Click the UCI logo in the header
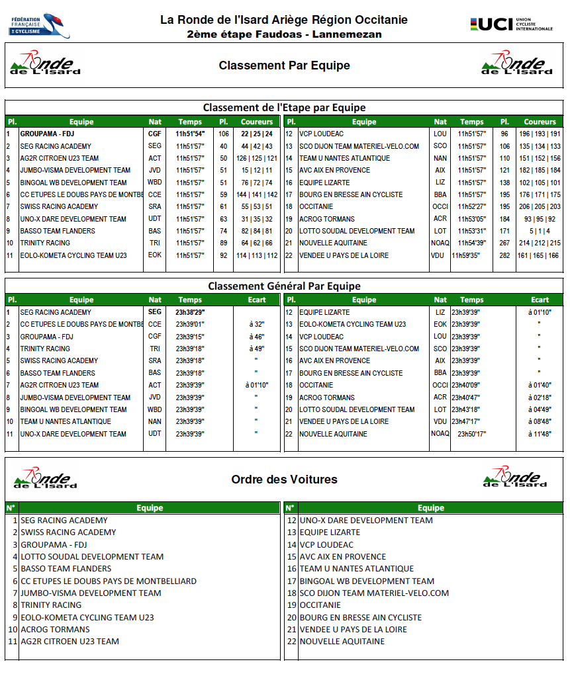click(510, 24)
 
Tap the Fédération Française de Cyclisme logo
click(39, 25)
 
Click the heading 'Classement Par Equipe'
click(284, 65)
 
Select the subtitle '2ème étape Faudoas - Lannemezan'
click(284, 34)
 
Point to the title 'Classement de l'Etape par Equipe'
click(284, 107)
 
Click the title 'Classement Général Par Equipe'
click(284, 286)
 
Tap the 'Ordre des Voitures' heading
click(284, 480)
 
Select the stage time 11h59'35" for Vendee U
click(470, 255)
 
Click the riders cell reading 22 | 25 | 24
click(257, 134)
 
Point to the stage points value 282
click(504, 255)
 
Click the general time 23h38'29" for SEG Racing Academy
click(190, 312)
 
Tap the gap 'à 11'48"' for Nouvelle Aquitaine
click(540, 434)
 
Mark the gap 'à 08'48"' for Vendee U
click(540, 421)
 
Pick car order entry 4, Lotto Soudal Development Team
click(92, 556)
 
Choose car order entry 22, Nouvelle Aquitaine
click(342, 641)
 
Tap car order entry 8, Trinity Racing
click(51, 605)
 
